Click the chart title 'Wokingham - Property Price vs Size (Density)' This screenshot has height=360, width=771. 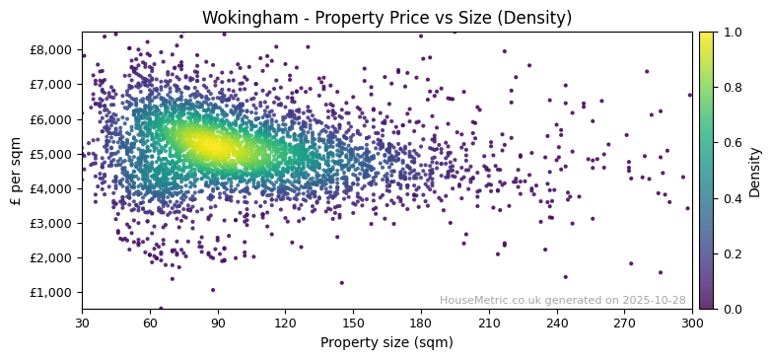pos(386,18)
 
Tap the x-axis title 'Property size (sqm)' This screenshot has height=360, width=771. pos(386,343)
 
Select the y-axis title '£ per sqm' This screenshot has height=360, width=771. pos(16,171)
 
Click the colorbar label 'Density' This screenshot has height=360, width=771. pos(754,171)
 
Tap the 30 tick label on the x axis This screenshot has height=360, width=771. pos(82,323)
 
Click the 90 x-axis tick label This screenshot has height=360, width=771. pos(217,323)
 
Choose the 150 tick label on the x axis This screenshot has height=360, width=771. pos(353,323)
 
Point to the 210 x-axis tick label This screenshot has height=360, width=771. pos(489,323)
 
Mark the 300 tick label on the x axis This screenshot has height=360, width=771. pos(692,323)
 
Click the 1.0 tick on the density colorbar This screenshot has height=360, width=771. pos(732,33)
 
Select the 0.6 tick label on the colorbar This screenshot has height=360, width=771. pos(732,143)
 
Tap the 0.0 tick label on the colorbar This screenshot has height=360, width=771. pos(732,309)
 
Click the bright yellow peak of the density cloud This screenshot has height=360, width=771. pos(211,146)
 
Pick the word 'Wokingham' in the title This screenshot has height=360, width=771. pos(245,18)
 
